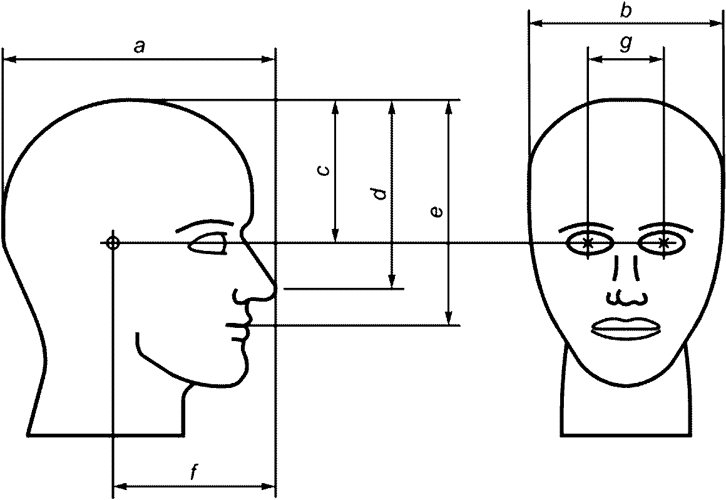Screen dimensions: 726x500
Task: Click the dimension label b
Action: [626, 10]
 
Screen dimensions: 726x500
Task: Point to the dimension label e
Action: [437, 212]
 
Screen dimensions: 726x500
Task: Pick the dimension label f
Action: [194, 474]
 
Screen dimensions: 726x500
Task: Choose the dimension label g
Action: [626, 43]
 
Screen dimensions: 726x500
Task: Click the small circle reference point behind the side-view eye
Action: [113, 243]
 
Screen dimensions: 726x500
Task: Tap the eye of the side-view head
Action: [208, 243]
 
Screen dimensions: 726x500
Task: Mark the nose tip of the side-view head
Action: [273, 288]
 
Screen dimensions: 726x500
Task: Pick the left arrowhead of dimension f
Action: [118, 486]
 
